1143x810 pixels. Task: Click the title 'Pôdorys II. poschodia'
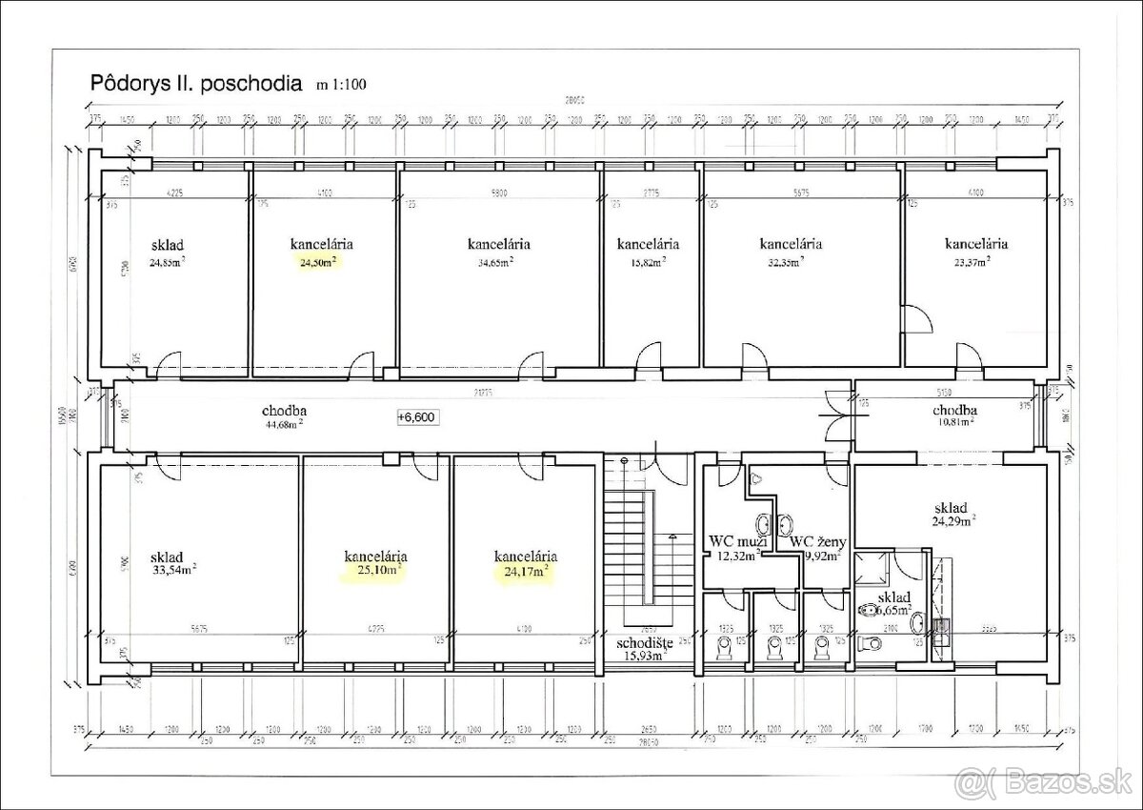point(195,82)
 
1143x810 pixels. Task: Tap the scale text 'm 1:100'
point(339,84)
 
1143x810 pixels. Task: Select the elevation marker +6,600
point(417,416)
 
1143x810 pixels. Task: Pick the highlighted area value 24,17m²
point(525,572)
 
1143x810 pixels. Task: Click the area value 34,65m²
point(491,260)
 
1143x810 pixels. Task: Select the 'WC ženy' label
point(818,541)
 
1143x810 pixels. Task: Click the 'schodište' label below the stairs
point(644,643)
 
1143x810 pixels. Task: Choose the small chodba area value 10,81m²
point(954,424)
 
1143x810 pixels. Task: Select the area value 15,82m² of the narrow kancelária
point(647,260)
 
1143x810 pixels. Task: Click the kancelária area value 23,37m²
point(975,260)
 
